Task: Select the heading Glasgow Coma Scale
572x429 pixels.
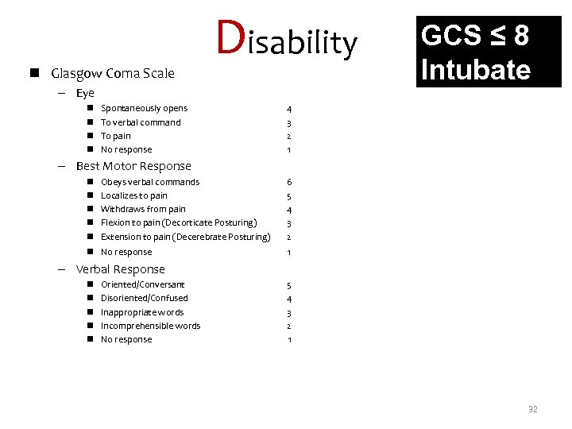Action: tap(113, 74)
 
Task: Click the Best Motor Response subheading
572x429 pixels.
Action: tap(133, 166)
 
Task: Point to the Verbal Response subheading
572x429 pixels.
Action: tap(121, 269)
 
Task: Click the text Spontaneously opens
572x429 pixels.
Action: tap(144, 108)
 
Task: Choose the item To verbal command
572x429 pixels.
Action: tap(141, 122)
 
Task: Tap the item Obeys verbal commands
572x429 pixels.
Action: tap(150, 182)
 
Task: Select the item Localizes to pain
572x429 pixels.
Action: tap(133, 195)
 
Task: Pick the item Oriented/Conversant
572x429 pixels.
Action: tap(142, 284)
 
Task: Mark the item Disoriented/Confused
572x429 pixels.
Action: tap(144, 298)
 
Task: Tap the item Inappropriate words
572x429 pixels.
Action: tap(141, 312)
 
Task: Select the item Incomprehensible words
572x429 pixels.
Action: tap(150, 326)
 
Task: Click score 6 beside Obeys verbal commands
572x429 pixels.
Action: tap(289, 182)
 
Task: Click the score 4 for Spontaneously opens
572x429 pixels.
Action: tap(289, 109)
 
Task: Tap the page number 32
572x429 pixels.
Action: tap(532, 410)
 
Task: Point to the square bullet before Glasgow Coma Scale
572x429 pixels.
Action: tap(38, 74)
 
